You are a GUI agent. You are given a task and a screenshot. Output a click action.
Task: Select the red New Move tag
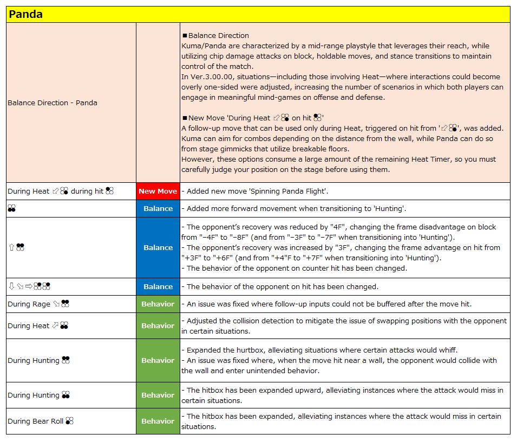click(158, 191)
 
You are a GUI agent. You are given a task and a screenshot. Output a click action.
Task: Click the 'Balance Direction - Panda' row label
click(53, 103)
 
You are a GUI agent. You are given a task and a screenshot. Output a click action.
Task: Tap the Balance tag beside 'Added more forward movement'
click(158, 208)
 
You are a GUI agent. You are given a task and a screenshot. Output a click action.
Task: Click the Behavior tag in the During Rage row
click(158, 304)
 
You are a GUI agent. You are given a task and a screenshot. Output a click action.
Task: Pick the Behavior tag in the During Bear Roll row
click(158, 421)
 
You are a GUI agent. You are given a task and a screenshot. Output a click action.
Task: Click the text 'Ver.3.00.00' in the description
click(213, 76)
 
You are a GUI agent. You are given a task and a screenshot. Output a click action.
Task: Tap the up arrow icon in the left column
click(11, 247)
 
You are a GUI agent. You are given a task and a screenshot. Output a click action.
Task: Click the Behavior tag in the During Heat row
click(158, 325)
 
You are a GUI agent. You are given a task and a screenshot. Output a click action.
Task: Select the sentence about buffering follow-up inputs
click(324, 304)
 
